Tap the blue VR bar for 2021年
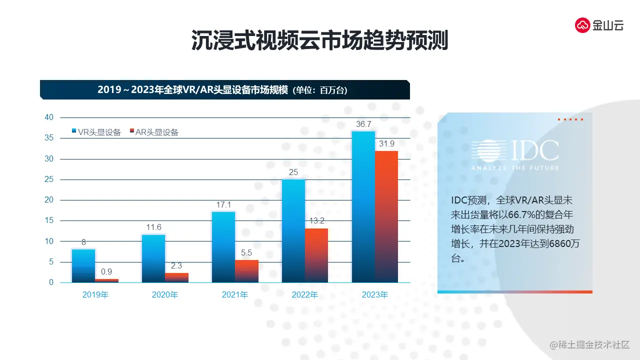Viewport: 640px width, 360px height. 223,247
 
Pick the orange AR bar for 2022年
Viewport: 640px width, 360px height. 316,255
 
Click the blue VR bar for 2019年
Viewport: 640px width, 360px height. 83,265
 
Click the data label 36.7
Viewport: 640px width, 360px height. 363,124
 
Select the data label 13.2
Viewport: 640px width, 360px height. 316,221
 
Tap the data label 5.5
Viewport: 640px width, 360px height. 246,253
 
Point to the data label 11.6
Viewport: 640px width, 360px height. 153,227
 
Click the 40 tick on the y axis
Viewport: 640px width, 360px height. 49,117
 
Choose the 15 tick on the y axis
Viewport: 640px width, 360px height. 49,220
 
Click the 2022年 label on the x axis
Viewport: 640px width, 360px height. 305,295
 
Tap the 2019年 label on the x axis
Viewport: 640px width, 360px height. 95,295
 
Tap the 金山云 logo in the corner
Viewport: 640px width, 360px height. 599,25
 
